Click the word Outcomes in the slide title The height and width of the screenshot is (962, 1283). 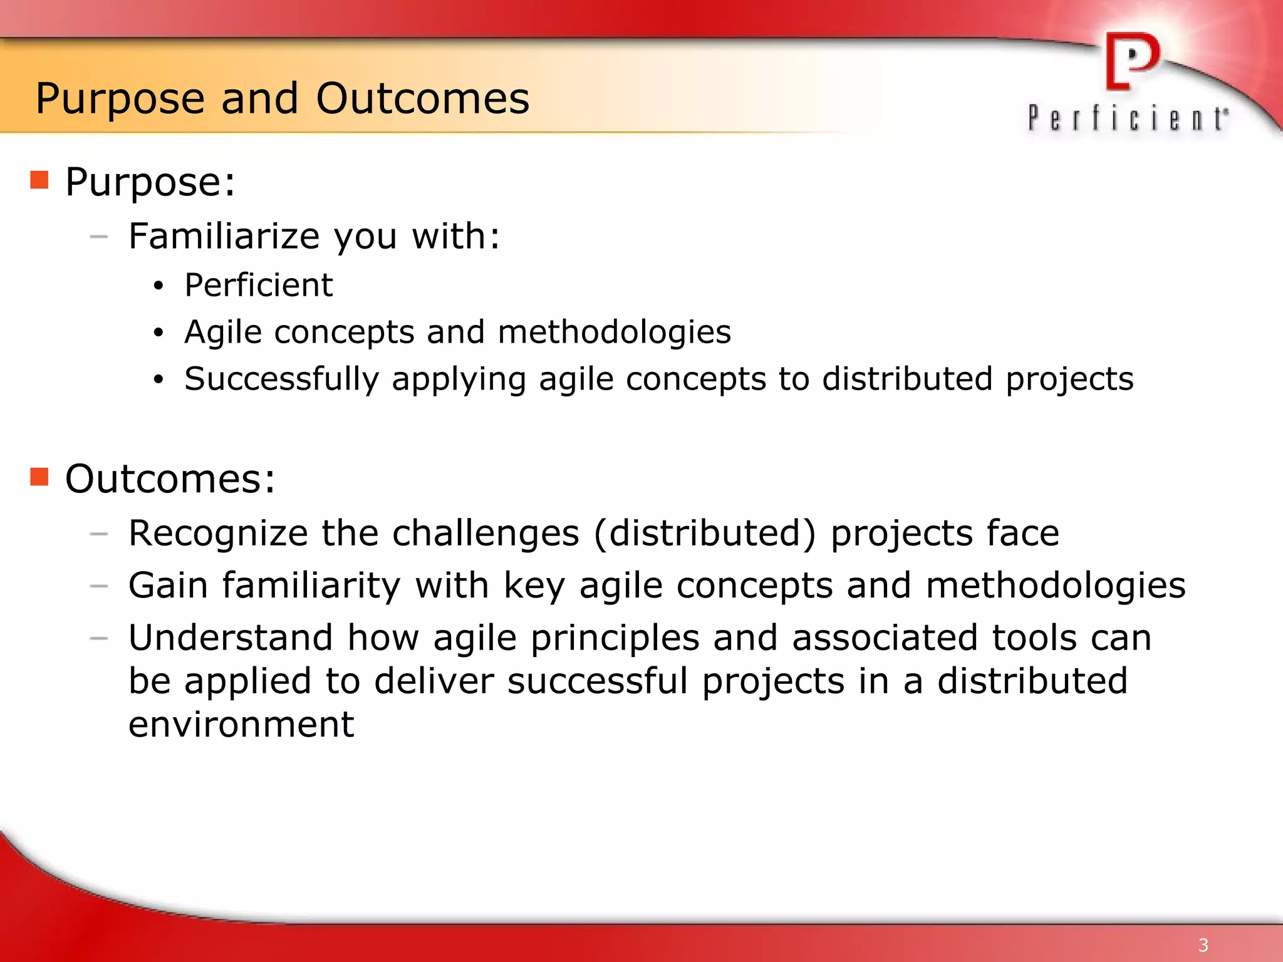tap(422, 99)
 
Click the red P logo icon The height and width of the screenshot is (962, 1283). tap(1131, 61)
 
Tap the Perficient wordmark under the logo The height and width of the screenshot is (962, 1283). tap(1127, 118)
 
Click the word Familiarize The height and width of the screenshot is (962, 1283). tap(224, 236)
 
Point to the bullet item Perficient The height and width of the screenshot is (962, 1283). tap(258, 285)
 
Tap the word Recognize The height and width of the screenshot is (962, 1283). tap(218, 534)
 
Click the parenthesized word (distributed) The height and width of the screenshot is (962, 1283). tap(705, 534)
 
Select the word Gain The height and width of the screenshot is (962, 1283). tap(168, 586)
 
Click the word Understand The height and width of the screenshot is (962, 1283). tap(231, 638)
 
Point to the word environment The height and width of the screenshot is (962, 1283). tap(241, 725)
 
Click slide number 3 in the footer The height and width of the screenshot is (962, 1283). tap(1203, 944)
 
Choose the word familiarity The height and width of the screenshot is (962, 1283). tap(311, 586)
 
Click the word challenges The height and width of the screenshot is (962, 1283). tap(486, 534)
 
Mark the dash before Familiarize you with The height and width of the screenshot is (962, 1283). tap(99, 237)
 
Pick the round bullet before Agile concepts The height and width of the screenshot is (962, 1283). tap(158, 333)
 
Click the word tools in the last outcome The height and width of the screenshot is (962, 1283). tap(1034, 638)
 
